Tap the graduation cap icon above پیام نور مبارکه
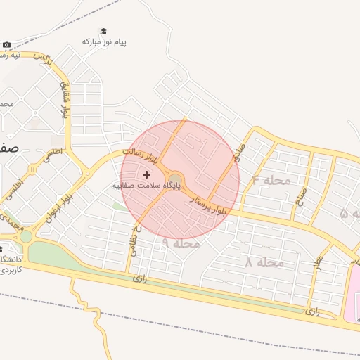coord(104,31)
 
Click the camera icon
coord(6,45)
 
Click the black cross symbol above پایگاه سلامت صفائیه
coord(146,174)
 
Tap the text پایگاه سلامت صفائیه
coord(146,186)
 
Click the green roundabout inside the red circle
coord(174,179)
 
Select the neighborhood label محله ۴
coord(271,180)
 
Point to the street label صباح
coord(300,192)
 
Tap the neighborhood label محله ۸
coord(264,262)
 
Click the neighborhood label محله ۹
coord(181,243)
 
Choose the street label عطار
coord(318,265)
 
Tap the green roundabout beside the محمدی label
coord(26,236)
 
